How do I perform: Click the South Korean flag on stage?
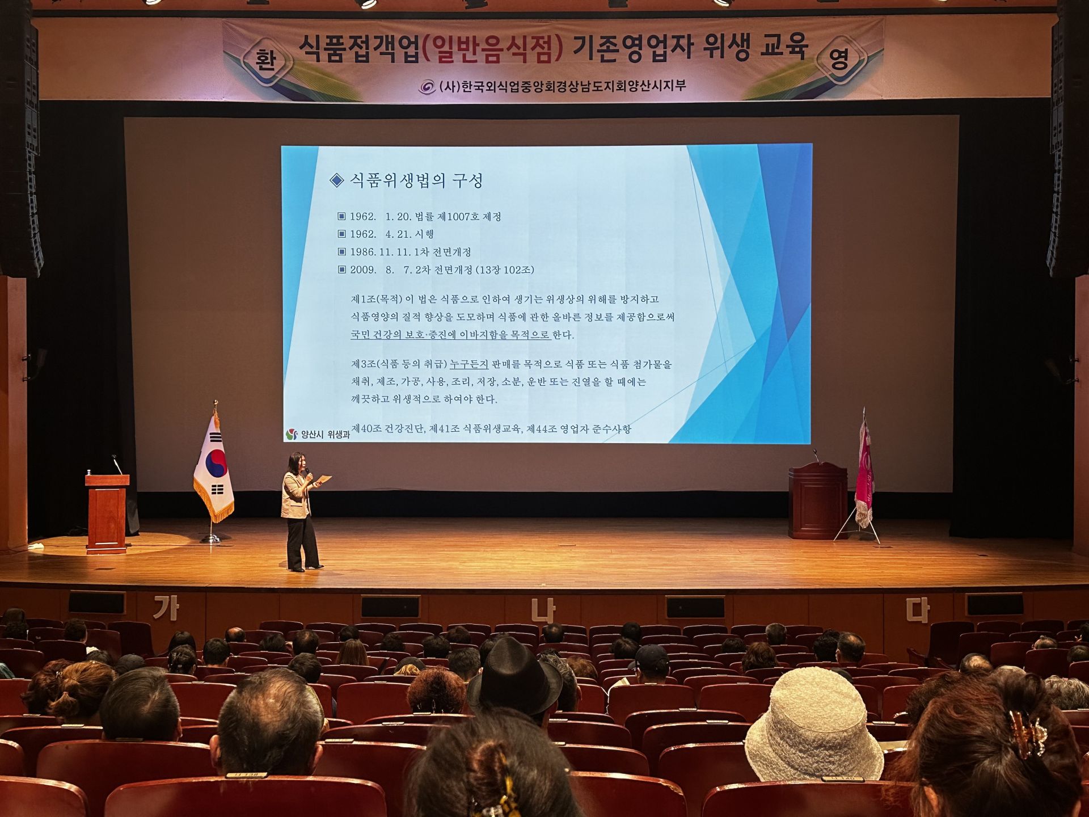(213, 468)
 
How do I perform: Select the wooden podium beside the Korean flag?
(107, 512)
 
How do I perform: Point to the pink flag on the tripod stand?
(864, 471)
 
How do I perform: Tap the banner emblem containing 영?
(840, 58)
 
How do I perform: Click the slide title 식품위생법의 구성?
(416, 180)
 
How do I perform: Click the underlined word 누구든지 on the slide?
(468, 364)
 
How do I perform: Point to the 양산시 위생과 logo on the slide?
(318, 435)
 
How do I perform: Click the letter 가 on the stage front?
(166, 609)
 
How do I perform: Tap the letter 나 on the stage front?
(543, 611)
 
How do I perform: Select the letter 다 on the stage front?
(917, 611)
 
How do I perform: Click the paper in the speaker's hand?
(323, 480)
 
